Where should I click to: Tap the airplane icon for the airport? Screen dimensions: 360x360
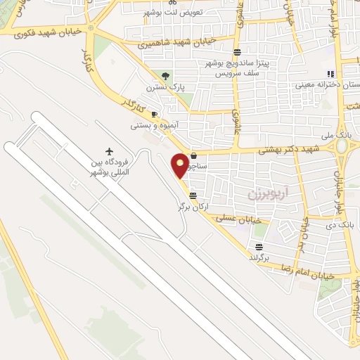click(x=109, y=150)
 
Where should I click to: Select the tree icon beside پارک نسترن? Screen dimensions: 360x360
click(x=166, y=75)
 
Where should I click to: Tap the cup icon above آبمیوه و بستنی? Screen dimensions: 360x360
click(x=155, y=115)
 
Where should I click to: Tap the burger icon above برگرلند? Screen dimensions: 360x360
click(x=259, y=246)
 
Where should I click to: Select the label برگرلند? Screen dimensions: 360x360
click(x=259, y=257)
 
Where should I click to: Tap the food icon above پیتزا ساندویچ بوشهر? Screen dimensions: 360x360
click(x=237, y=51)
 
